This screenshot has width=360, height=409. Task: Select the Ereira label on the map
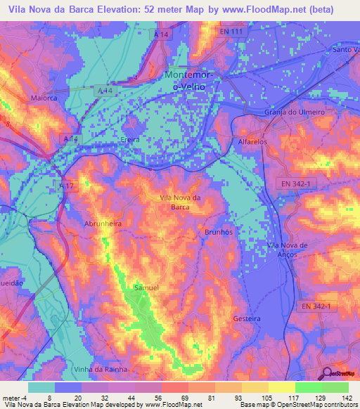coord(131,140)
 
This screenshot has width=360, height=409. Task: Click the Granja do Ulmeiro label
coord(295,112)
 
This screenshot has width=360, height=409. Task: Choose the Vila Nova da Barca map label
coord(181,202)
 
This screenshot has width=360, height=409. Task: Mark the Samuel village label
coord(146,287)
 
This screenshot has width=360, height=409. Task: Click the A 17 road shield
coord(65,185)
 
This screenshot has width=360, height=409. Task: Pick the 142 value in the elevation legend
coord(346,398)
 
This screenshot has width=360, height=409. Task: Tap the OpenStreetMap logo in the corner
coord(337,374)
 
